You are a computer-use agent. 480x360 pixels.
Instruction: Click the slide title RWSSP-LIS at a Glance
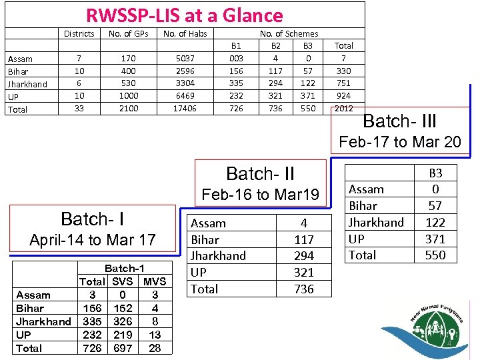tap(184, 15)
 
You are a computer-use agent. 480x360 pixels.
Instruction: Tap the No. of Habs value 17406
tap(185, 108)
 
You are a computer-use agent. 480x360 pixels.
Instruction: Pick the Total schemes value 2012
tap(344, 108)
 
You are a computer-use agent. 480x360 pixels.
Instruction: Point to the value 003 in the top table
tap(235, 59)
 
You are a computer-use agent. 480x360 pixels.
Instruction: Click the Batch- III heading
tap(399, 121)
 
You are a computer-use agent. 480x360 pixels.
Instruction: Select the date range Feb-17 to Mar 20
tap(400, 142)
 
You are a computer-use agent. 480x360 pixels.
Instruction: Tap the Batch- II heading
tap(260, 174)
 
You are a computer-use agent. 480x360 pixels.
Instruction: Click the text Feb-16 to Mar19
tap(261, 195)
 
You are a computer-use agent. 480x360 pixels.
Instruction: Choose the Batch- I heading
tap(93, 219)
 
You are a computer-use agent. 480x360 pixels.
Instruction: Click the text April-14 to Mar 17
tap(93, 239)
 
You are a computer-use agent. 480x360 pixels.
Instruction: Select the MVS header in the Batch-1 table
tap(155, 281)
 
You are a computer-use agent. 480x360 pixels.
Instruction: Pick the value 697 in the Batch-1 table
tap(123, 348)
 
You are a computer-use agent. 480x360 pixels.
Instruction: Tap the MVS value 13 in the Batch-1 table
tap(155, 335)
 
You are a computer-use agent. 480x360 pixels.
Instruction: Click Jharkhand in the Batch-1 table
tap(43, 321)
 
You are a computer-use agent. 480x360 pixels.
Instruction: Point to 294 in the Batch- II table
tap(303, 256)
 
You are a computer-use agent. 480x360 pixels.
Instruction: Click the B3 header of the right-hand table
tap(435, 173)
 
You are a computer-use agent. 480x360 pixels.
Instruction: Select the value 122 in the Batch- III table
tap(435, 222)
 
